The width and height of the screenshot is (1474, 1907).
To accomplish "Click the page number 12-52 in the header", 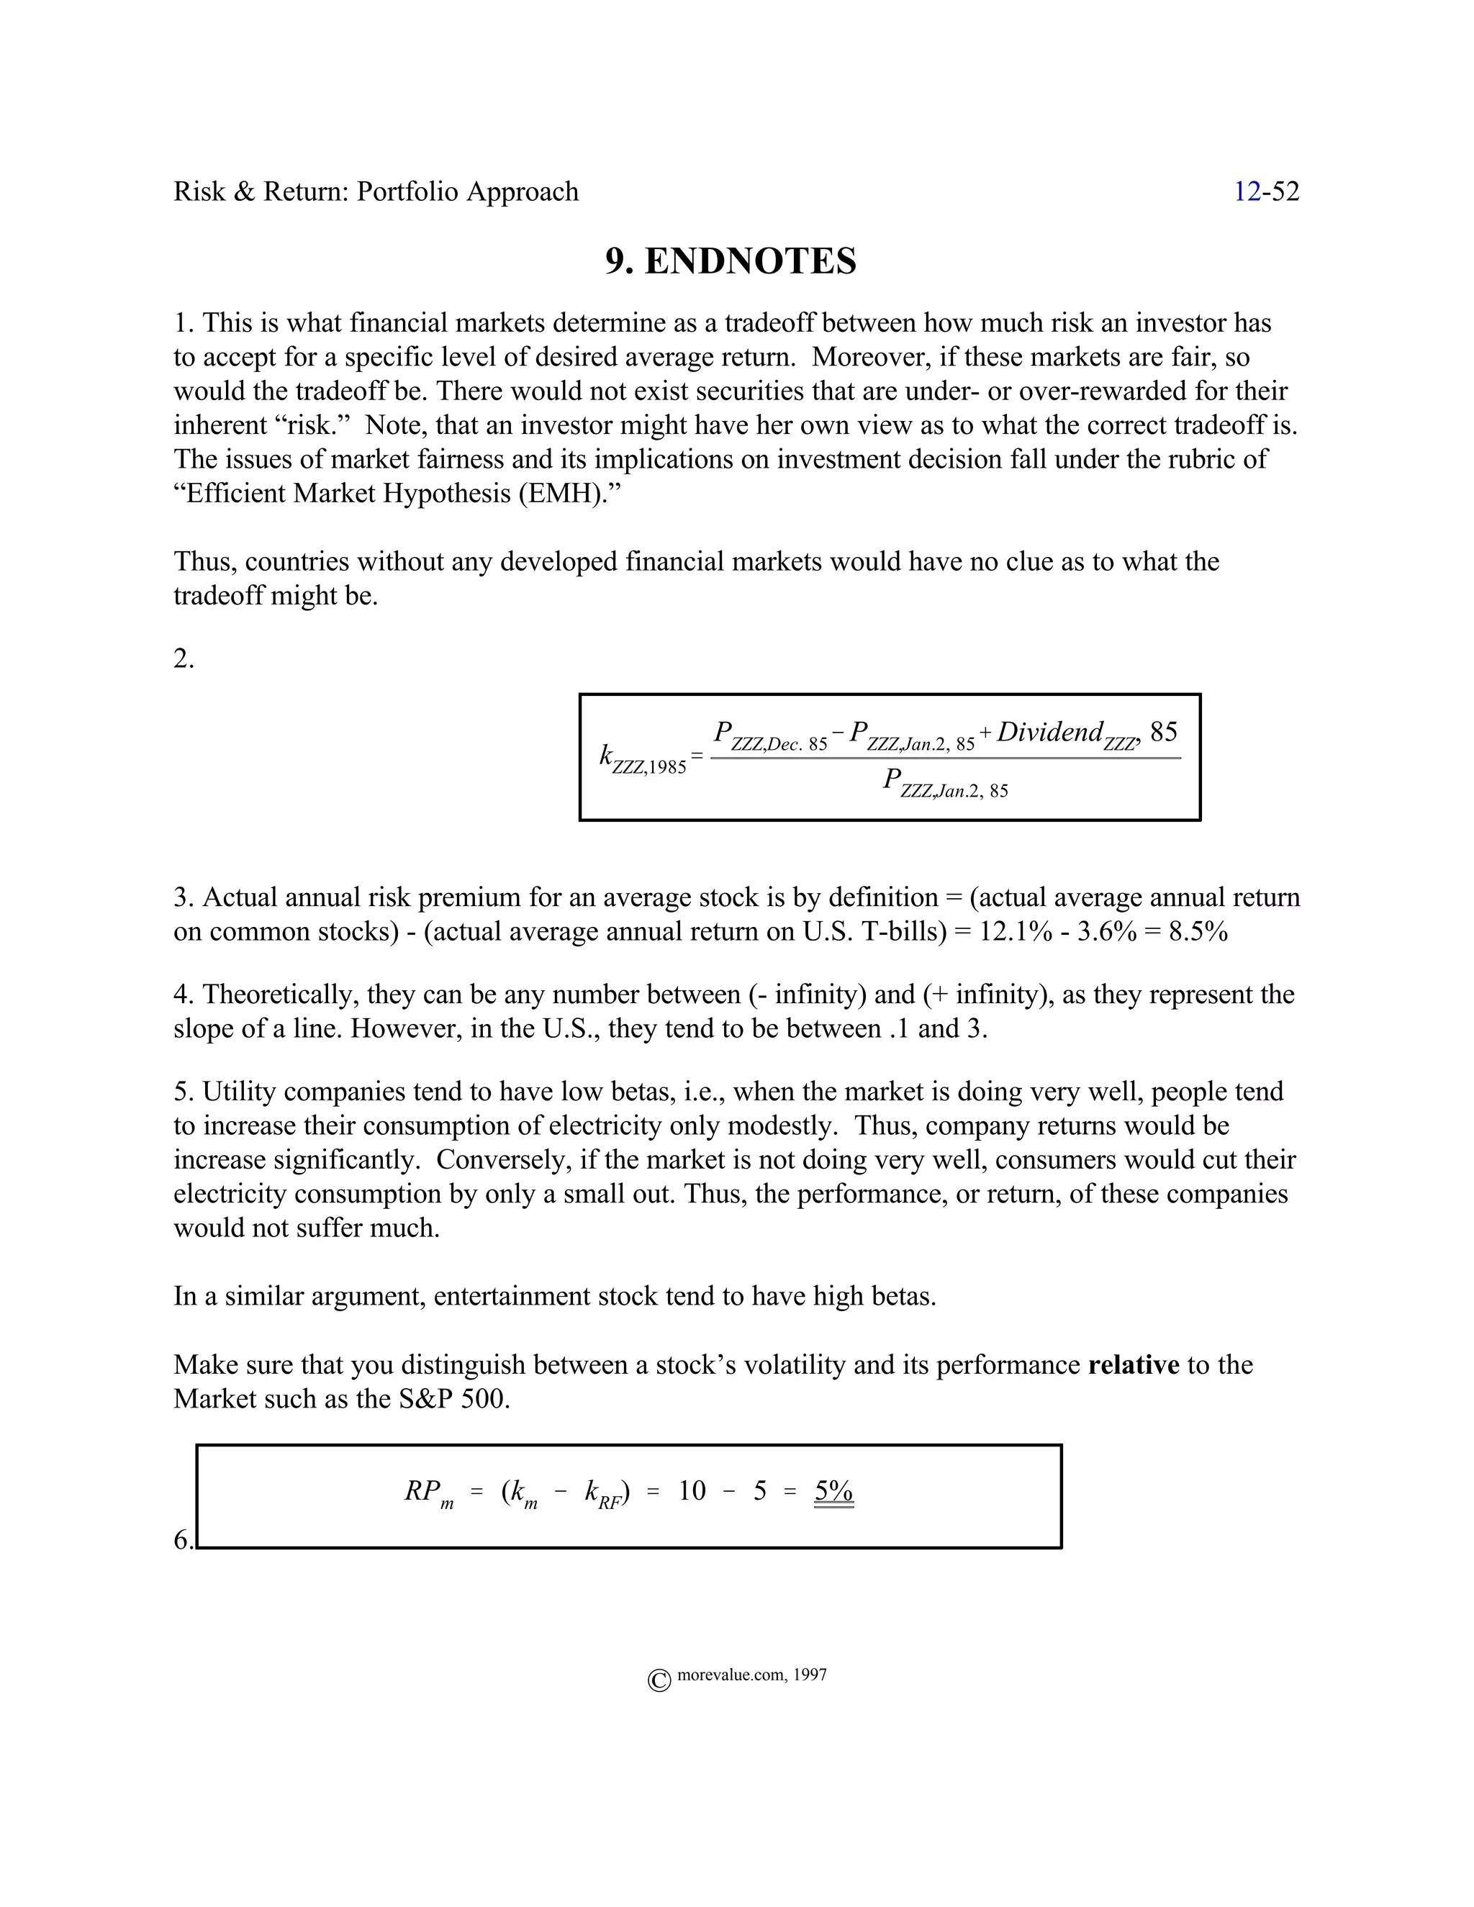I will pyautogui.click(x=1265, y=191).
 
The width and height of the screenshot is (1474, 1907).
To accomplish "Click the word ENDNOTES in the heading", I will pyautogui.click(x=750, y=261).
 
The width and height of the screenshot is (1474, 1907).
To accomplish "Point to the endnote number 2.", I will pyautogui.click(x=184, y=658).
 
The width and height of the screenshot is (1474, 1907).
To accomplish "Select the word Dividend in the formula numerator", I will pyautogui.click(x=1049, y=732).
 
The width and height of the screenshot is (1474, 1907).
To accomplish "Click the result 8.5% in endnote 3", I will pyautogui.click(x=1198, y=932).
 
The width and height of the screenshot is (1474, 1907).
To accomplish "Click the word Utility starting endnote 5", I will pyautogui.click(x=236, y=1092).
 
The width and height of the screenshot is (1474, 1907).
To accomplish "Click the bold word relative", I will pyautogui.click(x=1134, y=1364).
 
